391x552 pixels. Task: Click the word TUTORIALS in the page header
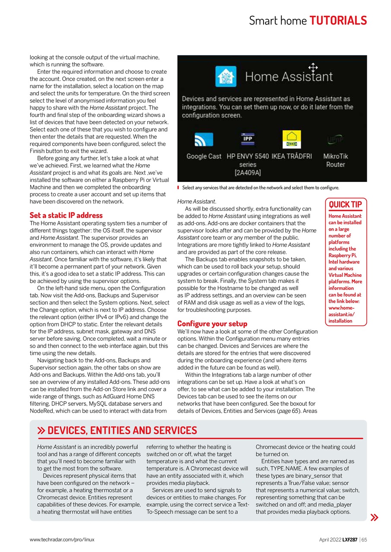pos(338,20)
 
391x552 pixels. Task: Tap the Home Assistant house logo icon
pos(226,77)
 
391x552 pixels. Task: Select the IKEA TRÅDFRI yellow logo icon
pos(291,139)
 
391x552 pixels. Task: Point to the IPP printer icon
pos(248,139)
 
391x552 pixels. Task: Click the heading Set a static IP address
pos(66,215)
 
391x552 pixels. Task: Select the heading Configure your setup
pos(212,323)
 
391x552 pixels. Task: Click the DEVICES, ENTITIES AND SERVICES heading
pos(122,430)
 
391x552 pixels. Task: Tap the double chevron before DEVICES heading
pos(41,430)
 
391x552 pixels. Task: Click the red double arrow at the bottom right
pos(374,517)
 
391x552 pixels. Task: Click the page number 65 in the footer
pos(364,539)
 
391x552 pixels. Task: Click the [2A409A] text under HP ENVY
pos(248,173)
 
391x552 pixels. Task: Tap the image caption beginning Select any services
pos(260,188)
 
